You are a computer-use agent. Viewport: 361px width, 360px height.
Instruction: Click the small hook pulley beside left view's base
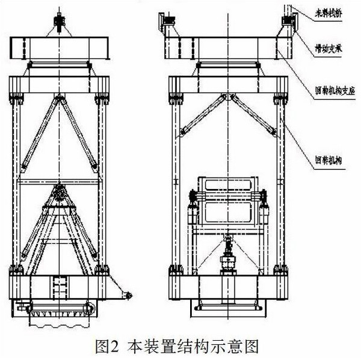(127, 295)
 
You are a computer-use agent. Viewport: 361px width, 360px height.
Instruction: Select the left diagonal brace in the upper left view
(39, 132)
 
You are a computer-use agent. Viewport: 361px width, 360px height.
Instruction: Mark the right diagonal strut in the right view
(254, 114)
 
